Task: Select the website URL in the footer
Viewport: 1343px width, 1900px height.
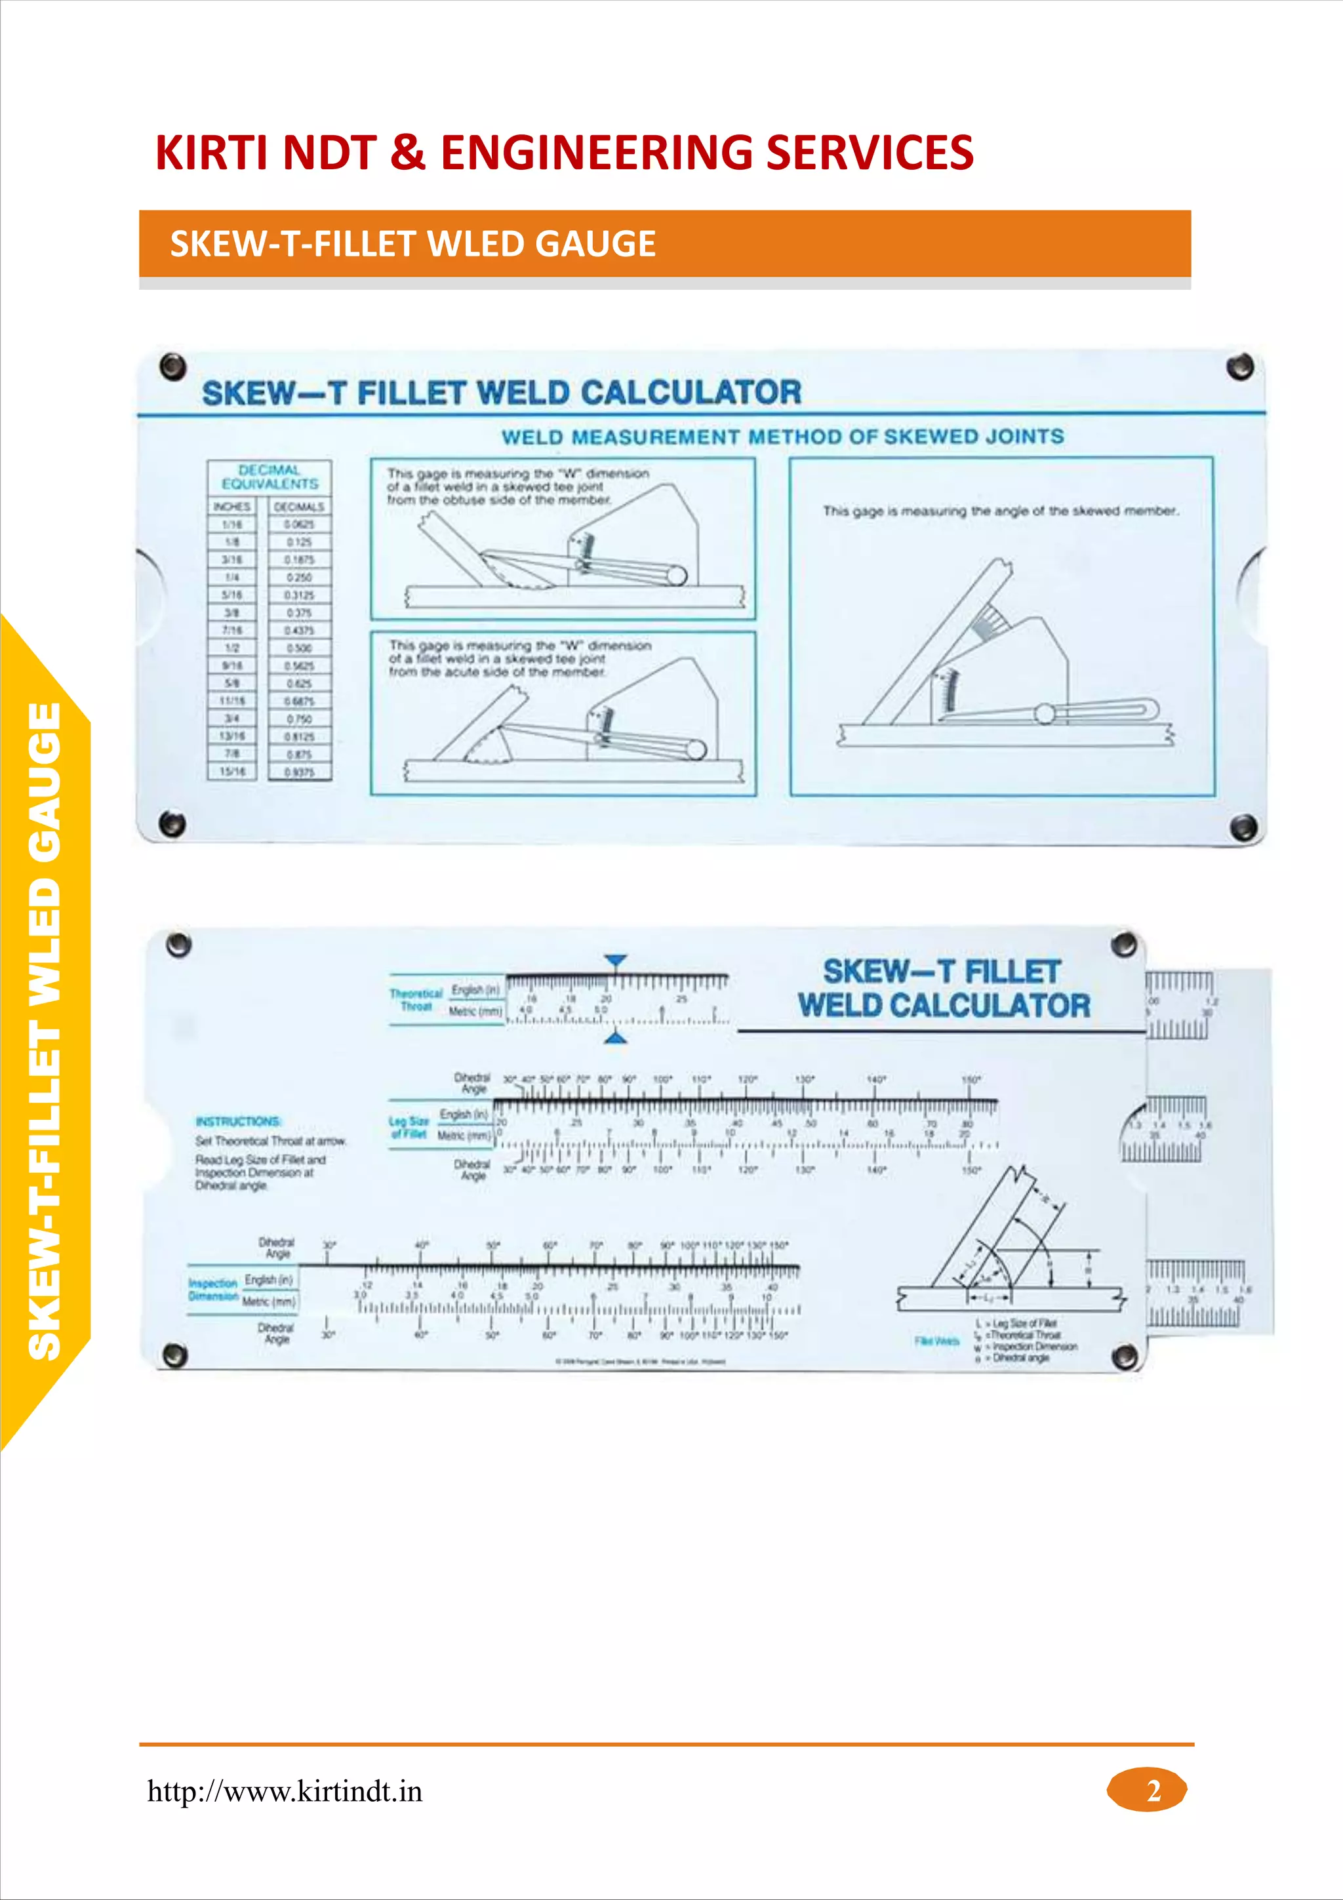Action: (285, 1792)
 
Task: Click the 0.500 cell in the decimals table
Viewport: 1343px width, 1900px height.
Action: (300, 648)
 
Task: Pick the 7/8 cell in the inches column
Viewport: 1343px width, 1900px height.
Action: (233, 754)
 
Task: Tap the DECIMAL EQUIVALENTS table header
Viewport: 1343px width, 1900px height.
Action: (270, 477)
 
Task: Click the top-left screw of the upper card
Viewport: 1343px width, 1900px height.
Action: (172, 365)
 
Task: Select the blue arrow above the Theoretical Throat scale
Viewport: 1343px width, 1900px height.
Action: (615, 960)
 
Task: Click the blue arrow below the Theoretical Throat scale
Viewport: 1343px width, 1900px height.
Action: (615, 1038)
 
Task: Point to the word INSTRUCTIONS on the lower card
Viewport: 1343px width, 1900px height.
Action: (238, 1121)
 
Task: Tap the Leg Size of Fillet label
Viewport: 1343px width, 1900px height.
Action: (409, 1127)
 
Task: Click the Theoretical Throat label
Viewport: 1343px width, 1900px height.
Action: (416, 1000)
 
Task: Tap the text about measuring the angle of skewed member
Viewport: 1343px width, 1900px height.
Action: (1001, 511)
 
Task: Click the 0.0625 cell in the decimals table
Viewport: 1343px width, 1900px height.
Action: (300, 524)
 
